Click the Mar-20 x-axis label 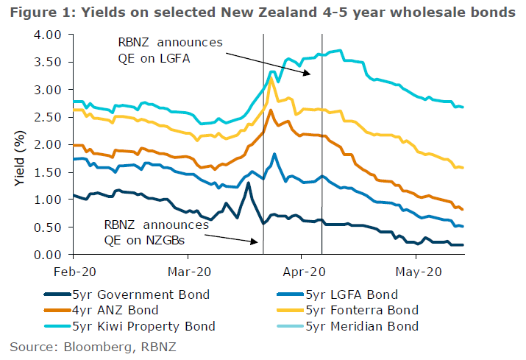tap(188, 270)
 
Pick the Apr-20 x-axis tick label tap(302, 270)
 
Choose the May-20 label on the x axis tap(416, 270)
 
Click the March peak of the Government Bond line tap(249, 183)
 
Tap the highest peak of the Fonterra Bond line tap(272, 77)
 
